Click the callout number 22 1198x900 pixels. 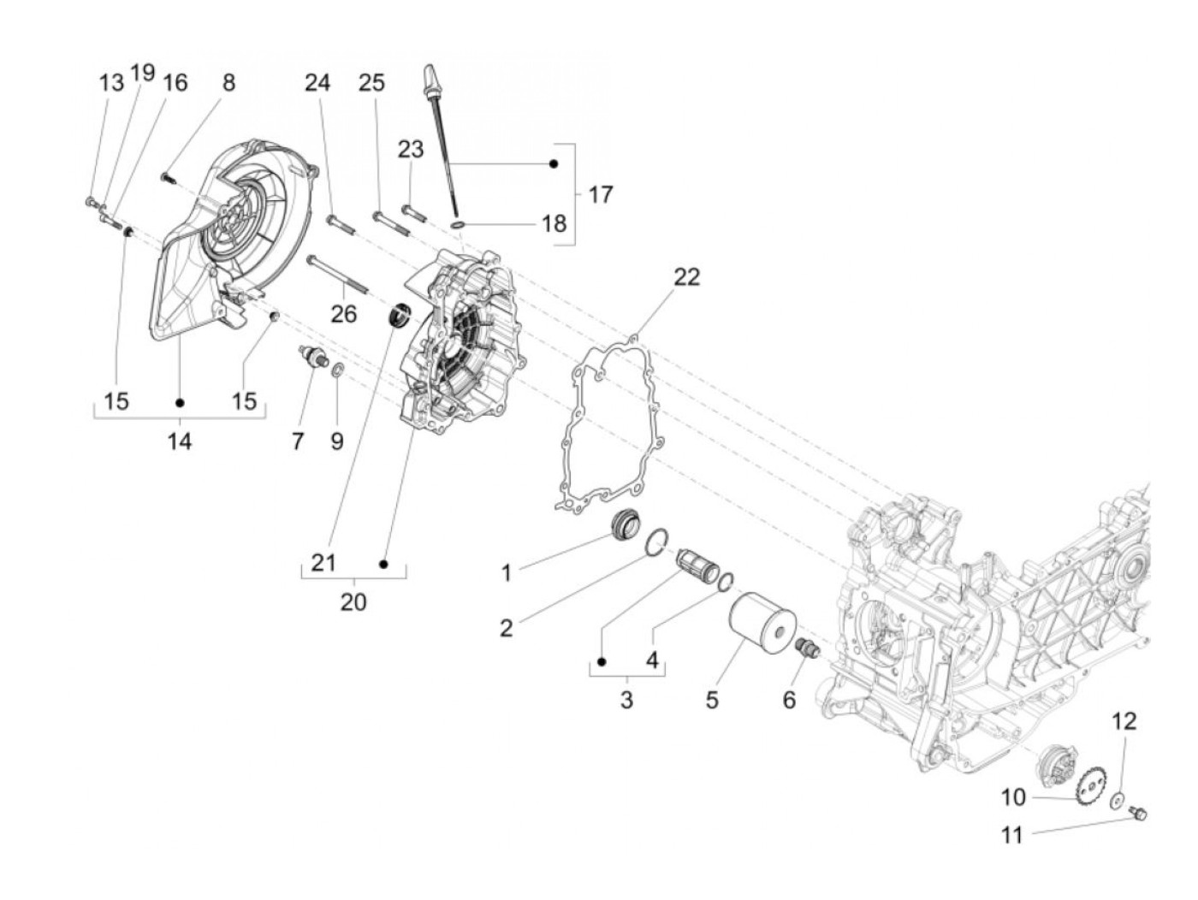point(686,277)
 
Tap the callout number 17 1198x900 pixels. point(601,195)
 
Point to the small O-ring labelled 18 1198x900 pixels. point(458,224)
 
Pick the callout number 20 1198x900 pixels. point(353,602)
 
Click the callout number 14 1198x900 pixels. point(180,441)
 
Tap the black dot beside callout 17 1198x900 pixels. point(554,163)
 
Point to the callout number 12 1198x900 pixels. point(1124,721)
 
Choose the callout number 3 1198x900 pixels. point(626,700)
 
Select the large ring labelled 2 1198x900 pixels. point(657,542)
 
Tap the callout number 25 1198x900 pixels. point(371,83)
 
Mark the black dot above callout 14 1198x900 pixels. point(180,402)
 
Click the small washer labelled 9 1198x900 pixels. point(338,370)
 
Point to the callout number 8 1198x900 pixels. point(228,83)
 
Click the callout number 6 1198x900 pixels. point(788,700)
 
